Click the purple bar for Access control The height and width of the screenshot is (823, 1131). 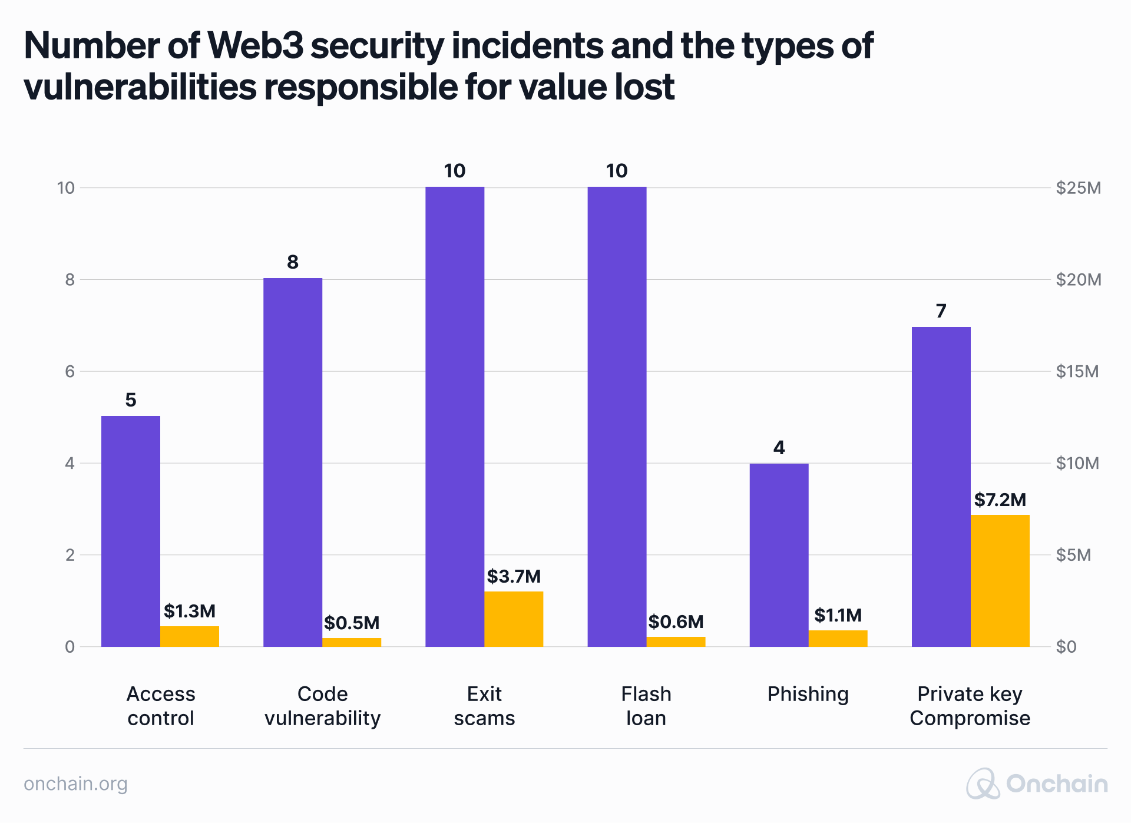[x=130, y=531]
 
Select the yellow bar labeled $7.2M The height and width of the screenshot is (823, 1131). [x=1000, y=580]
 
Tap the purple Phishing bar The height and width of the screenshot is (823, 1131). [x=779, y=554]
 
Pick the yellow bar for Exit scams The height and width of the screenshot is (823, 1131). [x=513, y=619]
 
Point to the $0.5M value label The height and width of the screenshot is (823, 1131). [x=352, y=623]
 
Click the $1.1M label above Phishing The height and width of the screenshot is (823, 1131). [x=838, y=616]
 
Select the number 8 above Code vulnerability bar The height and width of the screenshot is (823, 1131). [x=293, y=262]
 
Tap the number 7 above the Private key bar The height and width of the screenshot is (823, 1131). [x=941, y=311]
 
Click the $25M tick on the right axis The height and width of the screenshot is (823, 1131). [x=1078, y=188]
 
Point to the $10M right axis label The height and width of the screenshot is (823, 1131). [x=1077, y=463]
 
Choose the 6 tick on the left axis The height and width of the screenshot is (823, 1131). [x=70, y=371]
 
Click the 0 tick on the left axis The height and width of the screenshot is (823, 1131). [x=70, y=647]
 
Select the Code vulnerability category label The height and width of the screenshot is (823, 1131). [x=322, y=706]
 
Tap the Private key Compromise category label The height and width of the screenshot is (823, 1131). [x=970, y=706]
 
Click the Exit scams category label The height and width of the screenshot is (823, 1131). [x=484, y=706]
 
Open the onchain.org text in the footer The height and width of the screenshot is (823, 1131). [x=75, y=784]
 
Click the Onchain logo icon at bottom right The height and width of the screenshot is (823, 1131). [x=983, y=784]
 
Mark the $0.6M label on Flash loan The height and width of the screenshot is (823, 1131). [x=676, y=622]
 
